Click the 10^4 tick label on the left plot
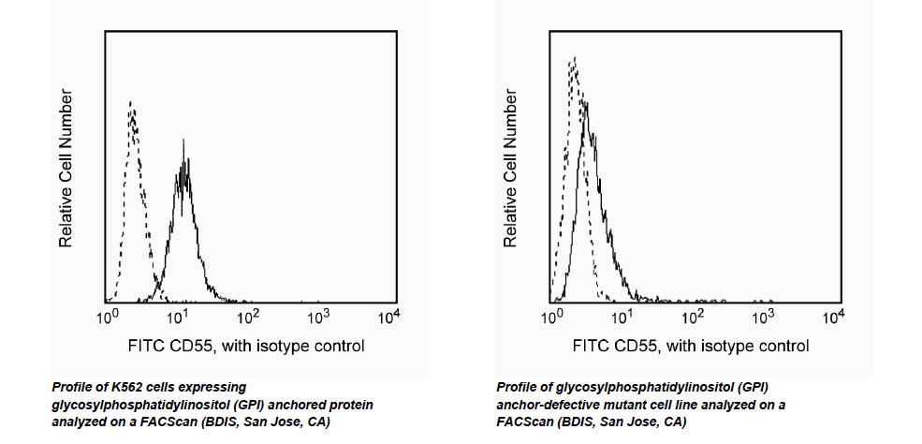click(x=389, y=318)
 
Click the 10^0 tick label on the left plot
click(x=107, y=318)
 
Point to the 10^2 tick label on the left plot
click(x=248, y=318)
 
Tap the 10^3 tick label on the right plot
click(x=763, y=318)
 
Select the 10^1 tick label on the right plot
click(x=622, y=318)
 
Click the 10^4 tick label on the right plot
click(x=833, y=318)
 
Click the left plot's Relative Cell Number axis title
click(x=66, y=169)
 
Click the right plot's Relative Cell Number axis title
click(x=511, y=169)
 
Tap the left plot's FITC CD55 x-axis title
click(x=245, y=347)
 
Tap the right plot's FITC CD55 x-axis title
click(x=690, y=347)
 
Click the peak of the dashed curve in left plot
click(x=132, y=102)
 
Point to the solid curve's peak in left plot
click(x=183, y=142)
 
